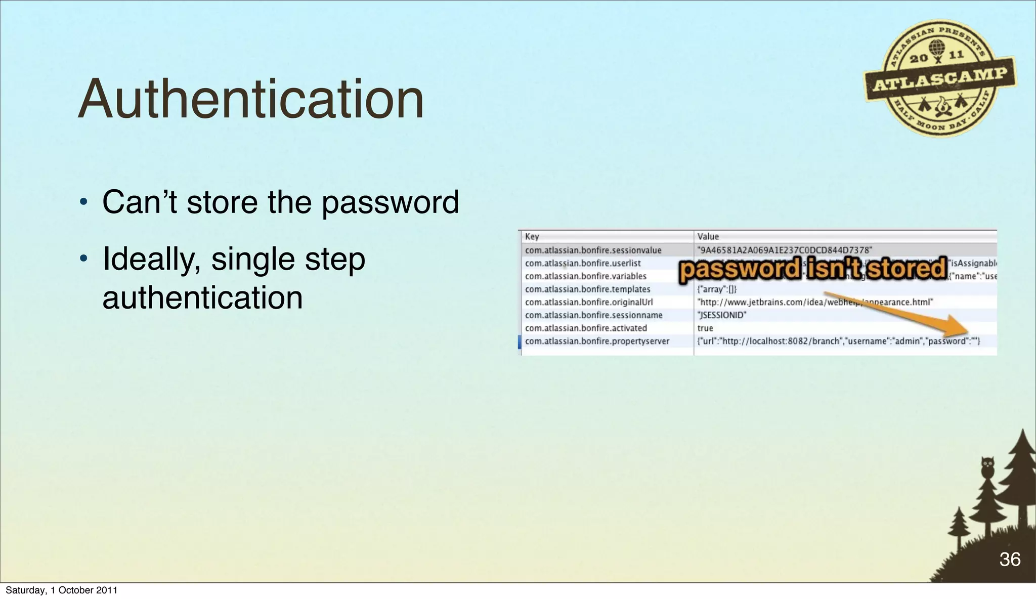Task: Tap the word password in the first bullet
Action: (390, 202)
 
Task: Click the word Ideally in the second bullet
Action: (151, 260)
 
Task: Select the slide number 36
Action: (1010, 559)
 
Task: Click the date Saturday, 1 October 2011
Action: (61, 590)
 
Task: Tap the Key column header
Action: (532, 236)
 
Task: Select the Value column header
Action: (708, 236)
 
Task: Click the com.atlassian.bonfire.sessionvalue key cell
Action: (593, 250)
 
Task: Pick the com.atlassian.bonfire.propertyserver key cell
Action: (597, 341)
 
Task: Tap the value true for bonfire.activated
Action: (705, 328)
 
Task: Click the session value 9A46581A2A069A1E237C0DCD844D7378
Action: (785, 250)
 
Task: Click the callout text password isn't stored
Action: (812, 269)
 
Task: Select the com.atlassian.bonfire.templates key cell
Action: (587, 289)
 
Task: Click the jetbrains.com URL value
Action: (814, 302)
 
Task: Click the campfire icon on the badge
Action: (942, 106)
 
